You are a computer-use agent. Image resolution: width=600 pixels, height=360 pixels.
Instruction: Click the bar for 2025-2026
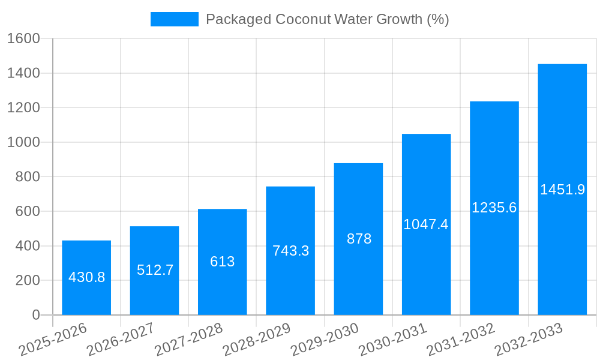tap(86, 278)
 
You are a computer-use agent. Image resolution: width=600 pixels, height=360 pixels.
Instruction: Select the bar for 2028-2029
tap(290, 251)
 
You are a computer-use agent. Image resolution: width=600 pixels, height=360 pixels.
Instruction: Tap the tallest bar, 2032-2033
tap(562, 190)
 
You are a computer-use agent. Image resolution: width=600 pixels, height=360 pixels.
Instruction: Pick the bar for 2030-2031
tap(426, 224)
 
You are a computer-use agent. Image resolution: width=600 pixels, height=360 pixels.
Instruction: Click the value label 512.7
tap(155, 270)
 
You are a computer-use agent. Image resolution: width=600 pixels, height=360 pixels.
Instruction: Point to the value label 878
tap(359, 239)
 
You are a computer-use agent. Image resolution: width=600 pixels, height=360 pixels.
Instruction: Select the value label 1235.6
tap(494, 208)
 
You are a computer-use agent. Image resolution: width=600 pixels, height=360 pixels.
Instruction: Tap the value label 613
tap(223, 262)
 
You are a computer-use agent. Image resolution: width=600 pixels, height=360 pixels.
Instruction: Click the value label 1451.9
tap(562, 190)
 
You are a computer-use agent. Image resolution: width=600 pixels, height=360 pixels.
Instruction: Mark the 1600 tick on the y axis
tap(23, 39)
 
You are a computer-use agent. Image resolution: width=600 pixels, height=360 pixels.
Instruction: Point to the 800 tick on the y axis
tap(28, 177)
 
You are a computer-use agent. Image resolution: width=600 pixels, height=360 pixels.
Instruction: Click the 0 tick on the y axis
tap(36, 315)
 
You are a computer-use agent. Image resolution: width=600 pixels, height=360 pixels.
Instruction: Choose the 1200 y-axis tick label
tap(23, 108)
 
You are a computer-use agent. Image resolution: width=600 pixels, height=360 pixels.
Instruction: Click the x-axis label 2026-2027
tap(121, 340)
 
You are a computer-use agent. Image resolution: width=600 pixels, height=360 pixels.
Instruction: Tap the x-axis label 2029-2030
tap(325, 340)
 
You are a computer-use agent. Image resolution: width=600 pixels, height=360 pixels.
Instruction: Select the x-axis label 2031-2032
tap(460, 340)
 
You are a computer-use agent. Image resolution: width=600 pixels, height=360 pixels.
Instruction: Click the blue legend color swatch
tap(174, 19)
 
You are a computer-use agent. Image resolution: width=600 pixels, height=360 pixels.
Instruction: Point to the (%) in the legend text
tap(437, 19)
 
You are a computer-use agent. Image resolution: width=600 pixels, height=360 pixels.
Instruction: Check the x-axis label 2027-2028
tap(188, 340)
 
